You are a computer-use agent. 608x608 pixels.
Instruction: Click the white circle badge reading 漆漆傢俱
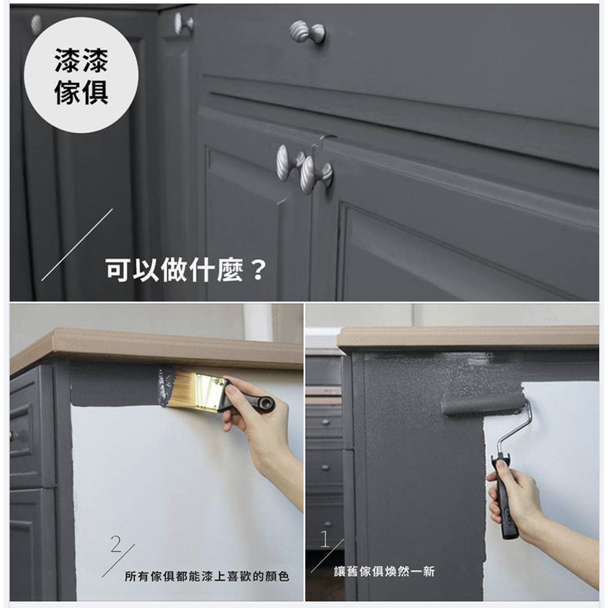click(x=81, y=75)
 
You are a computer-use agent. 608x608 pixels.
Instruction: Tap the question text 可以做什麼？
click(x=186, y=270)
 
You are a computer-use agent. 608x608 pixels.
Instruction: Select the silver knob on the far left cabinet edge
click(x=36, y=24)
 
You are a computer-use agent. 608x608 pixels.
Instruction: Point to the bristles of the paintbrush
click(x=179, y=388)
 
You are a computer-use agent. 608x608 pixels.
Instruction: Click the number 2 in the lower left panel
click(x=116, y=544)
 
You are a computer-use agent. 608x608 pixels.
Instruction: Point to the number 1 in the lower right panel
click(x=325, y=538)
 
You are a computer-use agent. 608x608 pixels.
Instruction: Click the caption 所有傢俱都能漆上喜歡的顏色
click(x=207, y=576)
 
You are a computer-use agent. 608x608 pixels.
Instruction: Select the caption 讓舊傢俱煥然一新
click(x=385, y=571)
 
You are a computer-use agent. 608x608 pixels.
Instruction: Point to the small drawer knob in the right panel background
click(x=326, y=422)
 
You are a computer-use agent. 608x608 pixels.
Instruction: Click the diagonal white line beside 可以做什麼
click(x=77, y=245)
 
